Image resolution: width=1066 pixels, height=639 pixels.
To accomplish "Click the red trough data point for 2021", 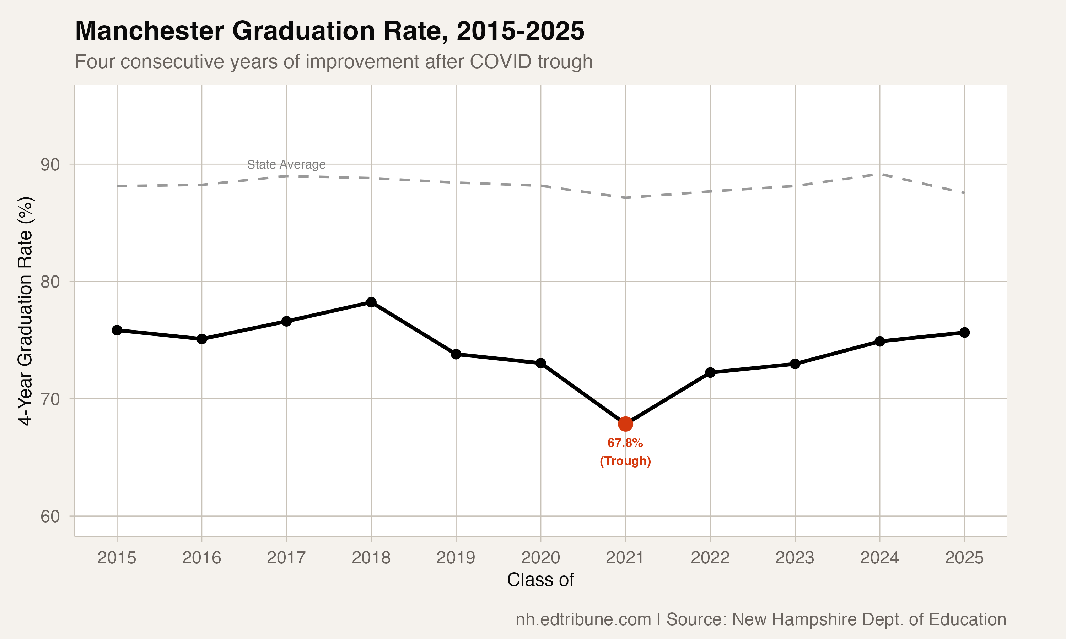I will point(625,424).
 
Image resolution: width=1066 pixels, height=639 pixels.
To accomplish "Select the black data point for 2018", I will point(371,302).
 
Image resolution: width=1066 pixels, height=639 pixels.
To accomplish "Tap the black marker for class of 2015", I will point(117,330).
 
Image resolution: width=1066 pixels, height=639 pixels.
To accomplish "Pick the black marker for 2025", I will point(964,332).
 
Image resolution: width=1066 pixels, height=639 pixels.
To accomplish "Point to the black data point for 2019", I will point(456,354).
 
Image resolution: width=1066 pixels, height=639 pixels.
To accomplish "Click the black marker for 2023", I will point(795,364).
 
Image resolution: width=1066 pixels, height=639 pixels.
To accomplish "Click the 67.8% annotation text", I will point(625,443).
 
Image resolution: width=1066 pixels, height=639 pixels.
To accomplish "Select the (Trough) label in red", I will point(625,461).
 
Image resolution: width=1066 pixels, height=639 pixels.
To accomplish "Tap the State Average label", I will point(286,164).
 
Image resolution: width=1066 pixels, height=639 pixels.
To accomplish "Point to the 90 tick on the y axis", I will point(50,164).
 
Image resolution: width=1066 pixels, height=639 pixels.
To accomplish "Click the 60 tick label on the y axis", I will point(50,516).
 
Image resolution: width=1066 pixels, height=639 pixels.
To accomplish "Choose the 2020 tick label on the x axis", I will point(540,558).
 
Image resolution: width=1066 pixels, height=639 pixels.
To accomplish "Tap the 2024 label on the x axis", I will point(879,558).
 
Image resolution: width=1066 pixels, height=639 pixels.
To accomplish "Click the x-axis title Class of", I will point(540,580).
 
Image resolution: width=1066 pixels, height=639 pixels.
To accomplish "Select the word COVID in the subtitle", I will point(500,61).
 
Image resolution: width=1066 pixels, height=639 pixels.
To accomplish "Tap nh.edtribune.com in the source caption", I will point(583,619).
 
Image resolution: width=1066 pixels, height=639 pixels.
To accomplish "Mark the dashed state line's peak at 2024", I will point(879,174).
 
